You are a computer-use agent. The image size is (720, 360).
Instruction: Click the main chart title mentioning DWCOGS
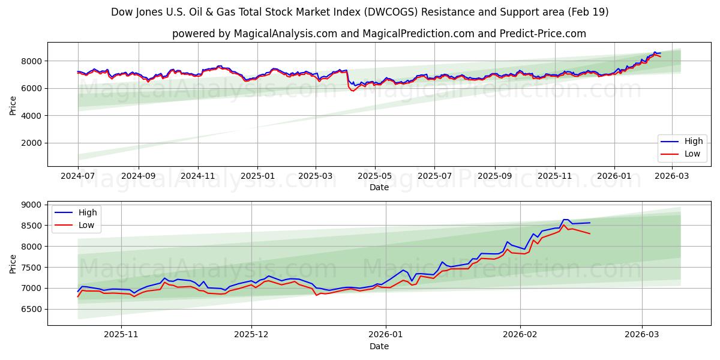(359, 12)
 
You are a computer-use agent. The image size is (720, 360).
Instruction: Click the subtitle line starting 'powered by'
(379, 34)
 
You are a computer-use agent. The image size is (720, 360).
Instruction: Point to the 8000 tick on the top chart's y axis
(32, 61)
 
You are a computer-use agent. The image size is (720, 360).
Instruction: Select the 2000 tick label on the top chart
(32, 143)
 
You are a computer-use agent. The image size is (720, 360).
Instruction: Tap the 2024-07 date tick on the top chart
(78, 176)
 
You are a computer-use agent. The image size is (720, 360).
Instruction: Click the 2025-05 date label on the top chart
(375, 176)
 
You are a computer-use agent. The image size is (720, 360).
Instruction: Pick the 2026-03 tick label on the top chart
(672, 176)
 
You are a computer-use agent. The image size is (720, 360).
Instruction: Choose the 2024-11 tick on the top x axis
(197, 176)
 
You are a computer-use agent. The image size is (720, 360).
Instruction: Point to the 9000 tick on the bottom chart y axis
(32, 205)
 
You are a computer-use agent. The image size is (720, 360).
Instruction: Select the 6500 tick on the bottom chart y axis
(32, 310)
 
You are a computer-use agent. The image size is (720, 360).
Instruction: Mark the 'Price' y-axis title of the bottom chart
(13, 263)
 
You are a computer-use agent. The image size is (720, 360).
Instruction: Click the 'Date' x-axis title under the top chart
(379, 187)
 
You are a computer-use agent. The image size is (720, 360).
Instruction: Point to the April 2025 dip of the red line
(352, 91)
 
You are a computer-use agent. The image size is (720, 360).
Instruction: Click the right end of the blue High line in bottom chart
(590, 223)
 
